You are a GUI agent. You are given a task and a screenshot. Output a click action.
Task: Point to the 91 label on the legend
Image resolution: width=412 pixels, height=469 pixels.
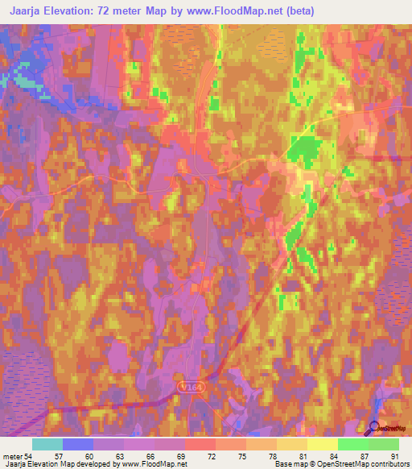[x=394, y=456]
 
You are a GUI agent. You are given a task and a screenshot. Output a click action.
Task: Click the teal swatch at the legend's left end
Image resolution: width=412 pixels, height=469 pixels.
[x=47, y=444]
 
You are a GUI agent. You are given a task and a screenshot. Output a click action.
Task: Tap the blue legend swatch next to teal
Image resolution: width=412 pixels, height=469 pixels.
[x=78, y=444]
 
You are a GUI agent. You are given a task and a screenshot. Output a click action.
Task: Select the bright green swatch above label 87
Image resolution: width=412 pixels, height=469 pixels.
[x=352, y=444]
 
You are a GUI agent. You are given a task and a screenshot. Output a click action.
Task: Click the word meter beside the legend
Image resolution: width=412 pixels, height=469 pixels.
[x=12, y=456]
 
